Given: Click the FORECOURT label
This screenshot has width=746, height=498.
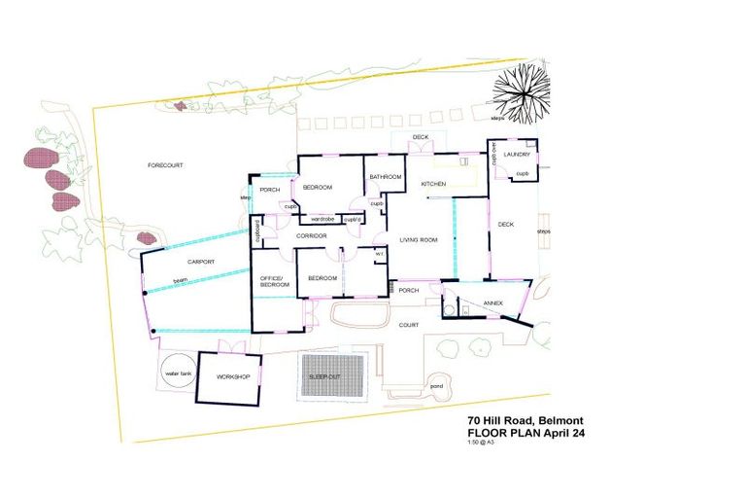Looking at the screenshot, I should (x=165, y=165).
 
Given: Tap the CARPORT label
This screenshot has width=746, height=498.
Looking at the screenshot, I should (x=200, y=263).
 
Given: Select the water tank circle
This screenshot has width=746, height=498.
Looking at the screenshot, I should (x=179, y=374).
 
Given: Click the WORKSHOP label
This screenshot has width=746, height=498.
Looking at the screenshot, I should (x=233, y=376).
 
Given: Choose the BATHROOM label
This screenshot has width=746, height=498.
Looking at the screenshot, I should (x=386, y=177).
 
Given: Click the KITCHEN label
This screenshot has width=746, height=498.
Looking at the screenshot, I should (x=432, y=184).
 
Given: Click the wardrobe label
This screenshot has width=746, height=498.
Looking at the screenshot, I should (x=322, y=219).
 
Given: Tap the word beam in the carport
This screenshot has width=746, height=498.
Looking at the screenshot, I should (x=180, y=281).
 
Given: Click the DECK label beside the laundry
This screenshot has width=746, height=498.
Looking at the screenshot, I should (x=505, y=225).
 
